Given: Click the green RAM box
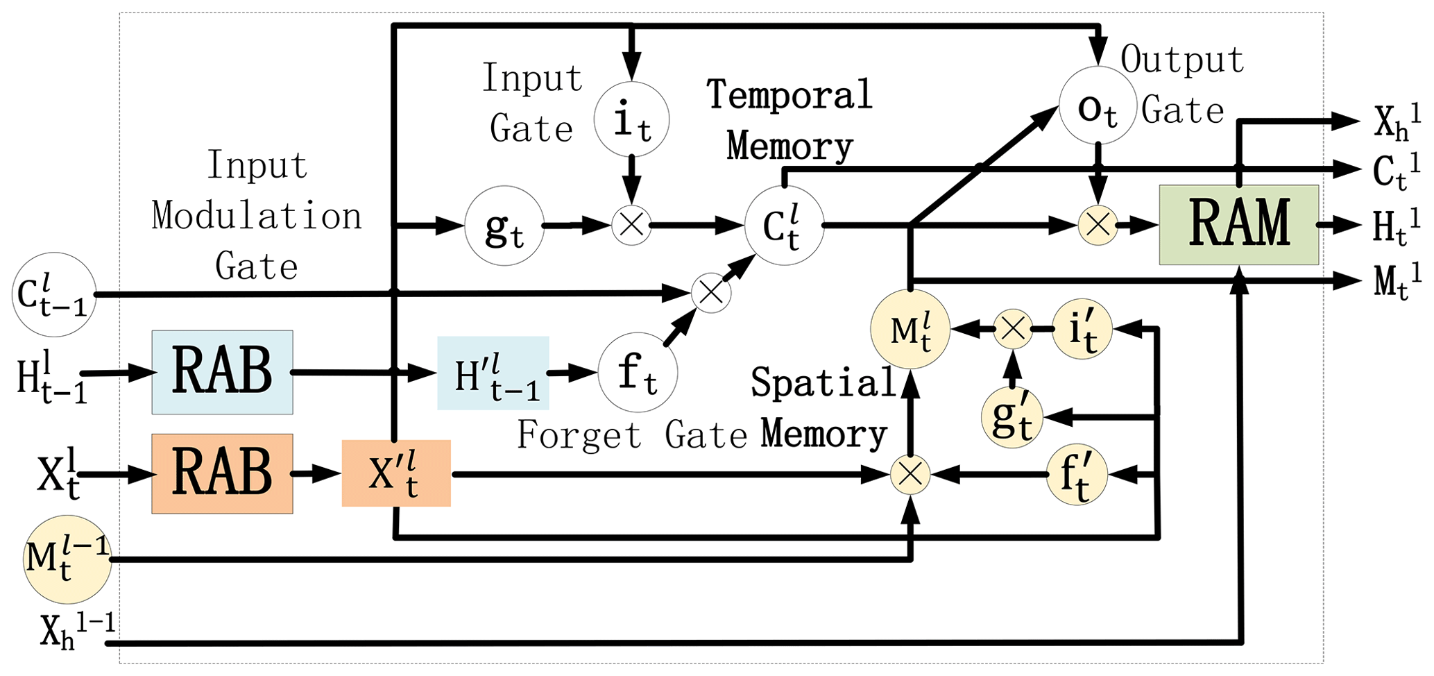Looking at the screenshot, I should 1238,224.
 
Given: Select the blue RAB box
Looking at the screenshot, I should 222,372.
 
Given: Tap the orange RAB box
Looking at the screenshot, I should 222,473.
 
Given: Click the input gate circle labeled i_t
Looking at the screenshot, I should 631,119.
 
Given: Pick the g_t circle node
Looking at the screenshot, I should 504,226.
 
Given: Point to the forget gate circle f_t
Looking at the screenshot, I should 638,373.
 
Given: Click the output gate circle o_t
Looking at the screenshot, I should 1098,105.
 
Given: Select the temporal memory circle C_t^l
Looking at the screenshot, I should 784,226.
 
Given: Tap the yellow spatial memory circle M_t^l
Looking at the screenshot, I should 910,329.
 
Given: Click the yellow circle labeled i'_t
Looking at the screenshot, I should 1082,329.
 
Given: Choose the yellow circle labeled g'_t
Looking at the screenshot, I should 1012,417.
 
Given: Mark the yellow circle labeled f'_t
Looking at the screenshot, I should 1076,475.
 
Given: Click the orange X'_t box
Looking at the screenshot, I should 396,473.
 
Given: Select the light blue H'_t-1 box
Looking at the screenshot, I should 493,373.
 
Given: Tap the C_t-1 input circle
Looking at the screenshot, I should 53,294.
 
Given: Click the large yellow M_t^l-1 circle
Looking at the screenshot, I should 67,559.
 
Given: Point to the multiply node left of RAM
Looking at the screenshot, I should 1098,225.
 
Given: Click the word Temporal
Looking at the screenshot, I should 789,94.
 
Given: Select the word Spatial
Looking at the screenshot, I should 823,382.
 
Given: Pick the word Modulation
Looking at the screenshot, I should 257,215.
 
